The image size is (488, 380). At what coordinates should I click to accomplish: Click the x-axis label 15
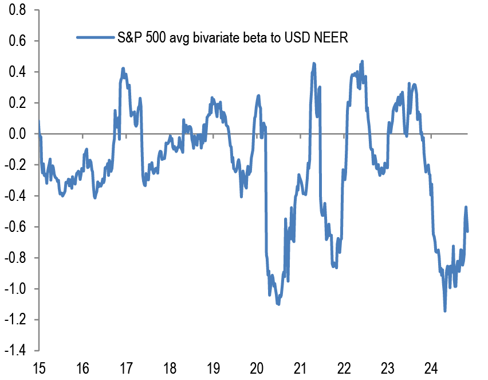pos(39,367)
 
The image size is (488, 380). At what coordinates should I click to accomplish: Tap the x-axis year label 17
pos(126,367)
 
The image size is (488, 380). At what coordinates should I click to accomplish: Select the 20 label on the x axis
pos(257,367)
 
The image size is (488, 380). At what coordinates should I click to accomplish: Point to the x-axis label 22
pos(344,367)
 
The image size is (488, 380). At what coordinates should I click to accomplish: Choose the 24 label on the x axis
pos(431,367)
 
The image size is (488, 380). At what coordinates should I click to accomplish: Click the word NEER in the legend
pos(330,38)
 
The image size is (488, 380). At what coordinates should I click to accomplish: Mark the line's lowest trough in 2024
pos(445,311)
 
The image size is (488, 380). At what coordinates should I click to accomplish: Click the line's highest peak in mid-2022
pos(362,61)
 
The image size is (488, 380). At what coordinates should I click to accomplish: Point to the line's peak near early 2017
pos(123,68)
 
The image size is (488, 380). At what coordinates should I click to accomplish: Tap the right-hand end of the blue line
pos(468,231)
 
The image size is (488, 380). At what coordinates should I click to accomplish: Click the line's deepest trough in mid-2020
pos(278,304)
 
